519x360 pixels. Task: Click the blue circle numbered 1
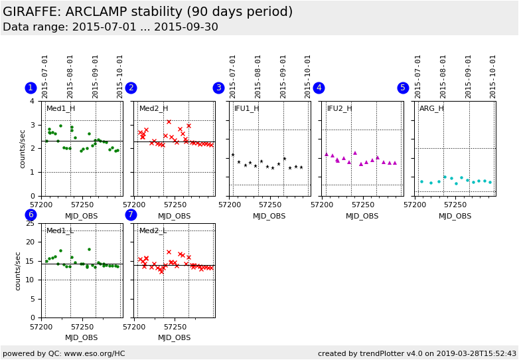31,88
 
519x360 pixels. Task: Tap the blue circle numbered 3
218,88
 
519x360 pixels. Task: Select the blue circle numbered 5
403,88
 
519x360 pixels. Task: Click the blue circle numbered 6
31,215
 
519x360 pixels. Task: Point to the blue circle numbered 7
131,215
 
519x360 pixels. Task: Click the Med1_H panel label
60,108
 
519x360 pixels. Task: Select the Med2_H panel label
153,108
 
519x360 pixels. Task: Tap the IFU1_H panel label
246,108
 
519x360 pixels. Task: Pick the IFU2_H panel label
339,108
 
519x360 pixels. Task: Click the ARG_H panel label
431,108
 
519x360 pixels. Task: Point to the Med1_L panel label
60,230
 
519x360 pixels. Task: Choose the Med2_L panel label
153,230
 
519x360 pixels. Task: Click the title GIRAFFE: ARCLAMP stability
147,12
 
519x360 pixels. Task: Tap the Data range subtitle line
110,27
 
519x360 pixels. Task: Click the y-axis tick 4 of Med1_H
33,101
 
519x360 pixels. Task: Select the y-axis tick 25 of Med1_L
30,223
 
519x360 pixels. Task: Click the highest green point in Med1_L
89,250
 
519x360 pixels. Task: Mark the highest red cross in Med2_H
169,122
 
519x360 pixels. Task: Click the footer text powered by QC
64,353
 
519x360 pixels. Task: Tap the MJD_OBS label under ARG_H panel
455,216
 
